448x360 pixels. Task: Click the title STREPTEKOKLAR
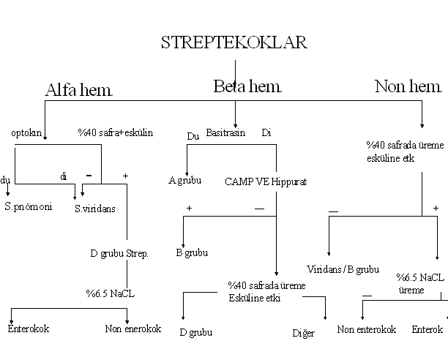[234, 42]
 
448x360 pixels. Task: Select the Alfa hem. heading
[79, 90]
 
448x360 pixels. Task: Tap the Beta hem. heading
[247, 87]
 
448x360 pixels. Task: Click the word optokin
[27, 134]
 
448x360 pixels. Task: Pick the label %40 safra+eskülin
[115, 133]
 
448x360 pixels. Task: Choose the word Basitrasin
[225, 133]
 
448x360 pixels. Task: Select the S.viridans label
[95, 209]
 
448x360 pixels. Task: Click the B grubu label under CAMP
[191, 252]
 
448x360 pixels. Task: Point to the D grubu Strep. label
[119, 253]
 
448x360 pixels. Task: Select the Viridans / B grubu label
[343, 269]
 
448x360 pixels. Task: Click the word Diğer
[303, 334]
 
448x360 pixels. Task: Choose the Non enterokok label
[366, 329]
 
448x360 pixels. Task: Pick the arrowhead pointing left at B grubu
[183, 245]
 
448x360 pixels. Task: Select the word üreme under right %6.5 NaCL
[411, 290]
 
